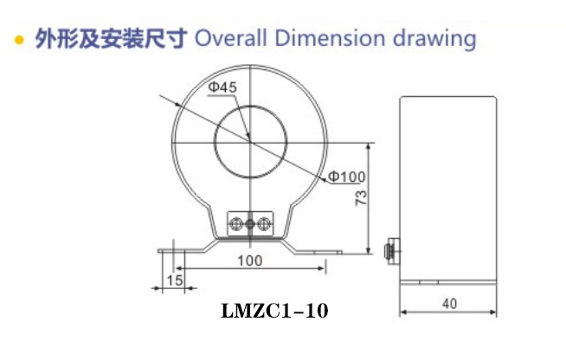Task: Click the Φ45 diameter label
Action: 222,87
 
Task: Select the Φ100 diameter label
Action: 347,177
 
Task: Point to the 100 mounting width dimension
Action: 249,260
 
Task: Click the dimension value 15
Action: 174,280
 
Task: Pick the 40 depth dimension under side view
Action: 448,303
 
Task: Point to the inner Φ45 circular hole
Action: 249,138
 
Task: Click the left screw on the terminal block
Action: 235,224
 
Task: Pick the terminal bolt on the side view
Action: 390,250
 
